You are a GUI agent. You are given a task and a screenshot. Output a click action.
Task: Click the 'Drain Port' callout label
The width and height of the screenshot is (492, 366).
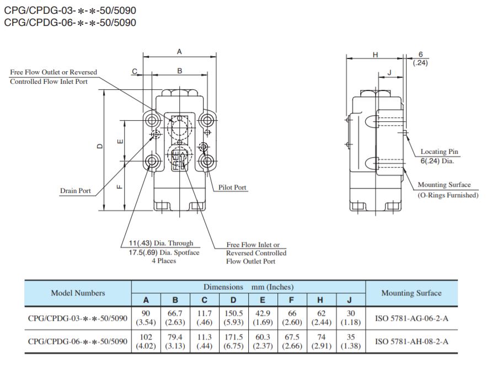[75, 191]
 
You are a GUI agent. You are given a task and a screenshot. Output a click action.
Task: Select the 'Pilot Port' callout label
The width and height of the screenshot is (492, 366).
[232, 187]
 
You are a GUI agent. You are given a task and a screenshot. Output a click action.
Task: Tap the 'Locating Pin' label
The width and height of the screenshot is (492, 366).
[439, 152]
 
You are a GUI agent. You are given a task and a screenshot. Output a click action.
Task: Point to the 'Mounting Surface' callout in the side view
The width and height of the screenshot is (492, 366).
[444, 185]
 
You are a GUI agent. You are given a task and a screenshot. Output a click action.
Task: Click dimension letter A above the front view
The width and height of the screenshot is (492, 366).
[179, 51]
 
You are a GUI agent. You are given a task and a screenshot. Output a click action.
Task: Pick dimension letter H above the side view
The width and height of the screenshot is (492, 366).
[375, 54]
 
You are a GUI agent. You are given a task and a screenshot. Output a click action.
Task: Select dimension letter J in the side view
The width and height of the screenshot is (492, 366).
[389, 72]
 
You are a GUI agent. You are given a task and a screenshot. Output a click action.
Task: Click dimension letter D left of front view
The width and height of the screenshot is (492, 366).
[100, 146]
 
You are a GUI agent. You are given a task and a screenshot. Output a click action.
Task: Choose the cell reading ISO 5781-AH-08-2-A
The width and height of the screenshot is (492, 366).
[411, 341]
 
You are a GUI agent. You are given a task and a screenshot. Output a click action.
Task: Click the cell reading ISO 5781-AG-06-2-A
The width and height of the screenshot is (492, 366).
[411, 317]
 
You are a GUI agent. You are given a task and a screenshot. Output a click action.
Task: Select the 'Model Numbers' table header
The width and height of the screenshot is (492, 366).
[78, 293]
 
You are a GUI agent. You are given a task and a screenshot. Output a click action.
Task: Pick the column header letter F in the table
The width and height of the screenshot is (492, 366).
[292, 300]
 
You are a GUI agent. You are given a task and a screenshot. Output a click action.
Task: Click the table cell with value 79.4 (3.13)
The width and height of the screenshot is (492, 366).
[175, 341]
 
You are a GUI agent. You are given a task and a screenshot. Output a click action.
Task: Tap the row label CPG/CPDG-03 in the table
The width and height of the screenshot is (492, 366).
[78, 317]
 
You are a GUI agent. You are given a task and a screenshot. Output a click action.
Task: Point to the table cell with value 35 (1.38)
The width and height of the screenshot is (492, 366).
[351, 341]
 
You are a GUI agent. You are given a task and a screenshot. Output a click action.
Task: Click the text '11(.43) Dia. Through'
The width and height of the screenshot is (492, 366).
[157, 243]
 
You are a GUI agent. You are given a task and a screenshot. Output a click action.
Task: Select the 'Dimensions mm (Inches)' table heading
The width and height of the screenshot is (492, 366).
[248, 287]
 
